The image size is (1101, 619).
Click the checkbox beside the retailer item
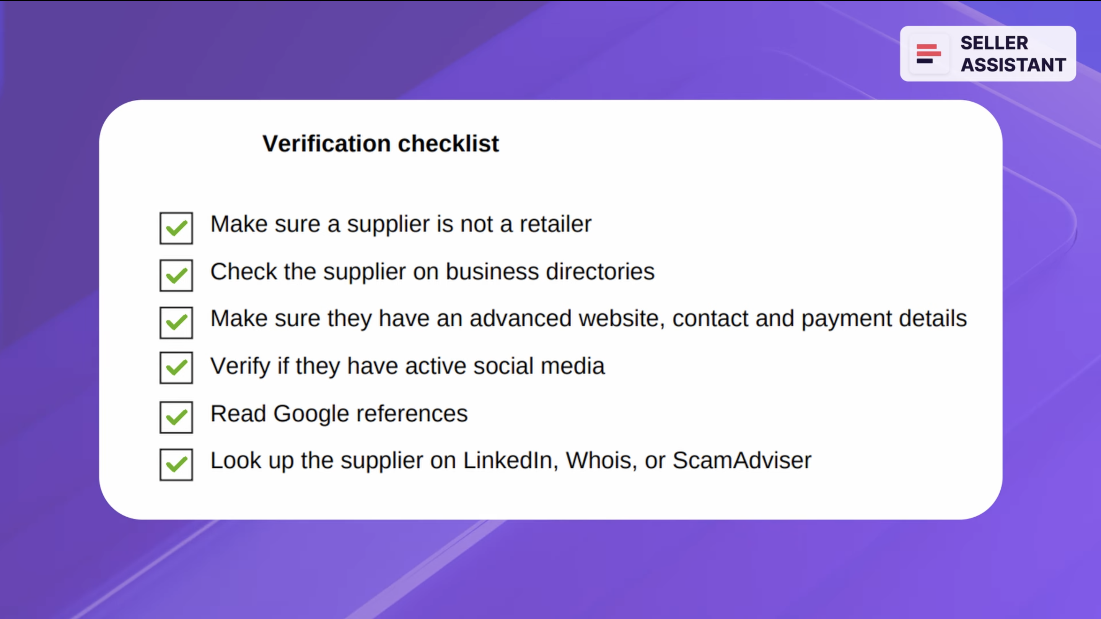coord(176,228)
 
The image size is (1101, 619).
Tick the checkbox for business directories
coord(176,275)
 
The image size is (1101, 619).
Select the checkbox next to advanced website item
coord(176,323)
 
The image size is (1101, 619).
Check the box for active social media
coord(176,368)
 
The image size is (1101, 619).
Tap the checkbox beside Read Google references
coord(176,417)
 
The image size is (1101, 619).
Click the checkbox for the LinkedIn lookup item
coord(176,465)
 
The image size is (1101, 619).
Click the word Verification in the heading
coord(327,143)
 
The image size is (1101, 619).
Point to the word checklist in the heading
coord(448,143)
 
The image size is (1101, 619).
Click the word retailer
coord(555,224)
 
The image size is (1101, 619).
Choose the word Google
coord(311,414)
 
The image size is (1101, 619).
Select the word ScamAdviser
coord(741,461)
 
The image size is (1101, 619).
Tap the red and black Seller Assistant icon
coord(928,54)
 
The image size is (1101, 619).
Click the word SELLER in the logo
coord(994,43)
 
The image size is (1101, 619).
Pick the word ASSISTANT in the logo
coord(1013,65)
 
